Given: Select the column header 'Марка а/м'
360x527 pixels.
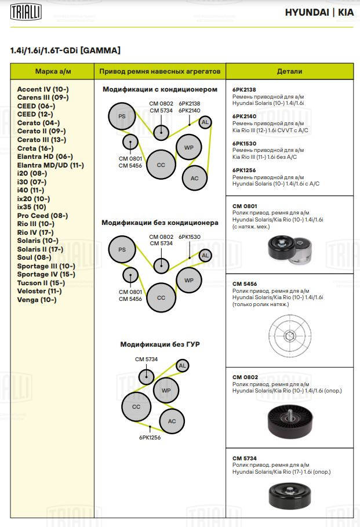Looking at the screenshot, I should click(52, 71).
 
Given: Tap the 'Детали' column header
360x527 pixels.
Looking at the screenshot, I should click(290, 71).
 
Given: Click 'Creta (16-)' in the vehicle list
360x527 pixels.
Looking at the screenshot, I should click(35, 148).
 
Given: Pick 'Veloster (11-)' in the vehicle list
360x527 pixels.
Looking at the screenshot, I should click(39, 291).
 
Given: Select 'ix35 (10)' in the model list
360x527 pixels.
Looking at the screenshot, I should click(32, 207).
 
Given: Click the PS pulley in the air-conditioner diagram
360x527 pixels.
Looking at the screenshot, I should click(122, 117).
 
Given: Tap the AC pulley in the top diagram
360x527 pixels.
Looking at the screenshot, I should click(195, 178).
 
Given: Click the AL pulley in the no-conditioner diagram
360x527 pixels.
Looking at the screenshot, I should click(205, 255).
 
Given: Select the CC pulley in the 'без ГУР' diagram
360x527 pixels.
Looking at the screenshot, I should click(136, 406).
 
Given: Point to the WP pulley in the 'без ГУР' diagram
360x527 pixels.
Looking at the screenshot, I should click(166, 391).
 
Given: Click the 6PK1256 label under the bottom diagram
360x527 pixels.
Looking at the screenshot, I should click(150, 438).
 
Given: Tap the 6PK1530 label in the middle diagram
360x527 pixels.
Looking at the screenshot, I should click(190, 237).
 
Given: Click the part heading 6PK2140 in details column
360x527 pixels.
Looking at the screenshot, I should click(244, 116).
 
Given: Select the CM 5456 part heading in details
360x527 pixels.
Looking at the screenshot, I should click(245, 284).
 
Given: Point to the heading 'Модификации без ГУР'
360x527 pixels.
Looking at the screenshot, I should click(160, 344).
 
